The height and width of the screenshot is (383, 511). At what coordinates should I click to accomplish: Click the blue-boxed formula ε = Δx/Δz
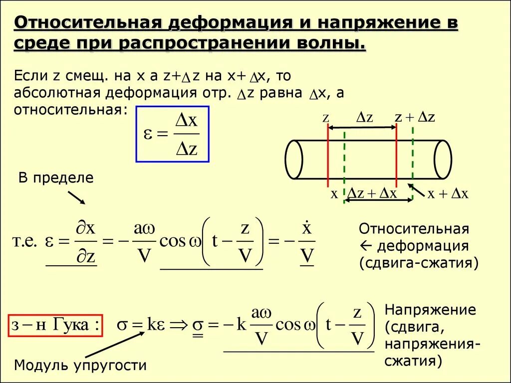[172, 134]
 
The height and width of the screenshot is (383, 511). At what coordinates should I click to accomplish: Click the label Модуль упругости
[80, 366]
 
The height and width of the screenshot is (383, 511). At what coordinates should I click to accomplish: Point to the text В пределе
[56, 178]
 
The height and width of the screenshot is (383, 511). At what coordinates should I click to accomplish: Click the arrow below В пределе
[76, 197]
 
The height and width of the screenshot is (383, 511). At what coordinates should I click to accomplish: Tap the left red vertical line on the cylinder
[328, 155]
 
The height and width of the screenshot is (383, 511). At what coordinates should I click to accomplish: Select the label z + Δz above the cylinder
[415, 117]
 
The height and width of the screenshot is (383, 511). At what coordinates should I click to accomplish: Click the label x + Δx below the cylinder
[447, 194]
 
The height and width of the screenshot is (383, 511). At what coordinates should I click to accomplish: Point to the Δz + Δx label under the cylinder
[372, 194]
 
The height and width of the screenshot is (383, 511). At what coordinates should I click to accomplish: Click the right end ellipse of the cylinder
[443, 160]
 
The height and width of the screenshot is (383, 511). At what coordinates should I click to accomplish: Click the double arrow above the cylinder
[362, 128]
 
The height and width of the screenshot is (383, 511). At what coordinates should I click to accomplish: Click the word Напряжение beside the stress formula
[430, 310]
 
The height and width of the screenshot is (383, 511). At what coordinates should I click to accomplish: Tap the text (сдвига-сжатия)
[419, 263]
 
